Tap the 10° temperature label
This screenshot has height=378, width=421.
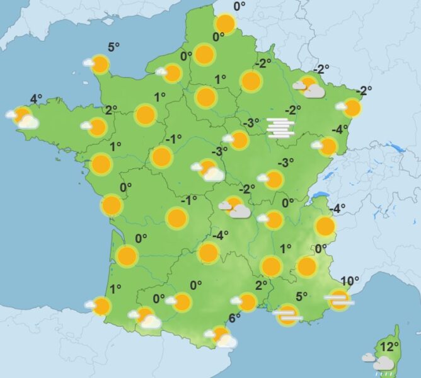point(350,281)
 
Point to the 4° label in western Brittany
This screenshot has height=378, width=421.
point(37,99)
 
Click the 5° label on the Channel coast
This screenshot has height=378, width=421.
point(113,47)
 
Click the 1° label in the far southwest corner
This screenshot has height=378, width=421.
point(115,290)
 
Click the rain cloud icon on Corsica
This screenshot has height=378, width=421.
point(383,364)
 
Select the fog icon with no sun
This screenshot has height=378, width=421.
point(280,127)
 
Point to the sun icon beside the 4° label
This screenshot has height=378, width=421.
point(23,116)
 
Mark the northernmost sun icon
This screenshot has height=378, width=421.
point(225,25)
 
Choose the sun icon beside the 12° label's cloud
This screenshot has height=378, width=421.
point(379,359)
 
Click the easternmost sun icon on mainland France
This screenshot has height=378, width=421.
point(352,108)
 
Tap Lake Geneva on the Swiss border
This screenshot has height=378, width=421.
point(323,195)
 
